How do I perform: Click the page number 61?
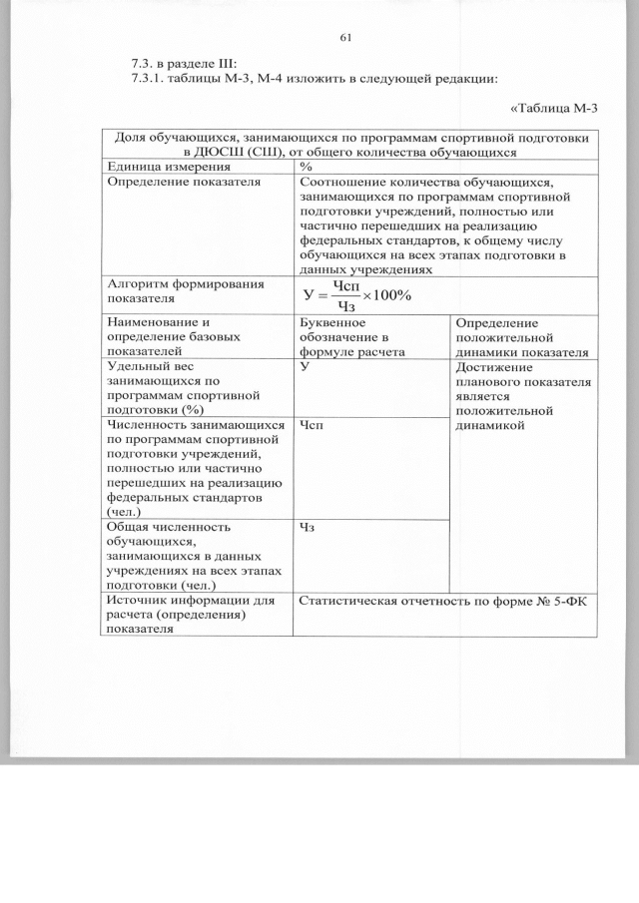pos(346,38)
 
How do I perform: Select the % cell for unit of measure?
pos(307,168)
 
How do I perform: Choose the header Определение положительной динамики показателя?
pos(522,337)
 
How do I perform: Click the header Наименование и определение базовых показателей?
pos(173,337)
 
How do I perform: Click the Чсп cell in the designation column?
pos(311,425)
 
